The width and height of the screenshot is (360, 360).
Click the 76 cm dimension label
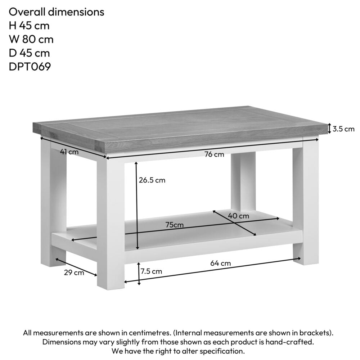214,154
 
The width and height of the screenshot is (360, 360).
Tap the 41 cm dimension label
69,152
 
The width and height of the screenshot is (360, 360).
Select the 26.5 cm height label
152,180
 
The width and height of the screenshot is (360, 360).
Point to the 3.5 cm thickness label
343,129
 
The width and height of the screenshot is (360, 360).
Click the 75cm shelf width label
175,225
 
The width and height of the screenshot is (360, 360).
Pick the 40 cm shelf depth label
238,216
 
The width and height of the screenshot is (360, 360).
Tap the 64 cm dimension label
220,263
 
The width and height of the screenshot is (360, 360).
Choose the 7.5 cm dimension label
151,271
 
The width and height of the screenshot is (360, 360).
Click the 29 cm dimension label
74,273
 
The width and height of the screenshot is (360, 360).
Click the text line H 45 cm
29,26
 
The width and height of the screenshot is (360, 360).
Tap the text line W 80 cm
31,39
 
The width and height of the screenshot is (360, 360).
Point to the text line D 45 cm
29,53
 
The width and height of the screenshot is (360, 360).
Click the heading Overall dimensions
57,12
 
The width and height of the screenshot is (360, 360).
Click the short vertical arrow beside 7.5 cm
139,274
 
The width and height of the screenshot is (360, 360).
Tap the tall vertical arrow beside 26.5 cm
137,205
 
